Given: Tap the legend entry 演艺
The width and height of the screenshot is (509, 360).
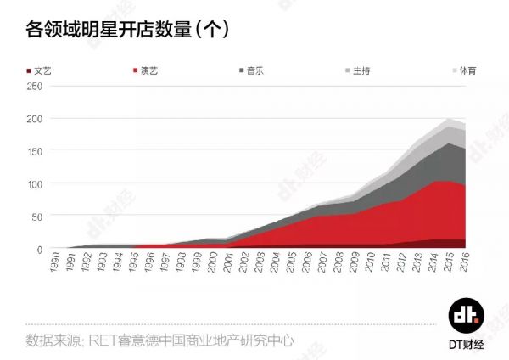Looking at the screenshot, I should pos(148,70).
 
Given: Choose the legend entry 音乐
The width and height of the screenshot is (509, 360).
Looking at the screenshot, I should pos(256,70).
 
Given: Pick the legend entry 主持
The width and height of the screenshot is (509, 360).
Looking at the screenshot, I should pos(364,70).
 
